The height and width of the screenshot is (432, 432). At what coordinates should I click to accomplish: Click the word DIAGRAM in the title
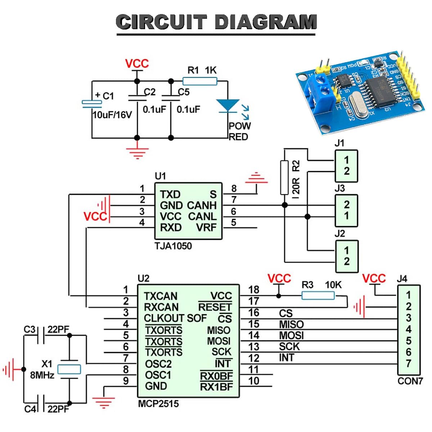(x=266, y=22)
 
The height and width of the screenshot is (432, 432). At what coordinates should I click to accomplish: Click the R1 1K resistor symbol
(x=200, y=81)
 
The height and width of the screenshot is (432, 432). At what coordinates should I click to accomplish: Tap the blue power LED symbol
(x=228, y=106)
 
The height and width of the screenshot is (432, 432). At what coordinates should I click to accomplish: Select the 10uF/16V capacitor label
(x=112, y=115)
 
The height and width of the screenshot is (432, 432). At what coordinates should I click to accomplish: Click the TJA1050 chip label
(x=173, y=246)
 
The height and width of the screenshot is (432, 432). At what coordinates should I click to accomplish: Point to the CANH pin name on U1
(x=202, y=206)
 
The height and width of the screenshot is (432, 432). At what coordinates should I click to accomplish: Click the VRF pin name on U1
(x=206, y=228)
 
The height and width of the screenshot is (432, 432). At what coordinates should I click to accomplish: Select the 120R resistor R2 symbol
(x=284, y=178)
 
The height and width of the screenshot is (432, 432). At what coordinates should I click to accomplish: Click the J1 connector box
(x=346, y=166)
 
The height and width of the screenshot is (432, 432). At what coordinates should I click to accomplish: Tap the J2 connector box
(x=347, y=256)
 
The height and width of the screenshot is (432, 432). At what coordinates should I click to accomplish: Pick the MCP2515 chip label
(x=158, y=404)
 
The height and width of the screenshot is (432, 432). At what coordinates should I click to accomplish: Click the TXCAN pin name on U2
(x=161, y=296)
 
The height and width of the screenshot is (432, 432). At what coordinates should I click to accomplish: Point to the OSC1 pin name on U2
(x=158, y=375)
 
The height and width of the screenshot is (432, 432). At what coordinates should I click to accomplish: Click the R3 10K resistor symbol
(x=318, y=296)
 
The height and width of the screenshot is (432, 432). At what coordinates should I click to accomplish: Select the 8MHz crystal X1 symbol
(x=69, y=369)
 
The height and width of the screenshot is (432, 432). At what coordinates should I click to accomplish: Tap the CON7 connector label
(x=410, y=381)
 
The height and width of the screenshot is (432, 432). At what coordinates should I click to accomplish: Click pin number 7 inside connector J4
(x=409, y=364)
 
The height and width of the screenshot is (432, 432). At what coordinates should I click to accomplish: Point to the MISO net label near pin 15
(x=291, y=324)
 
